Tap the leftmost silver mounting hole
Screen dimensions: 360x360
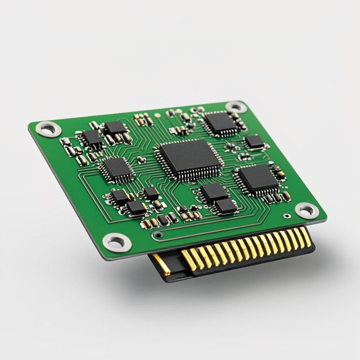click(x=49, y=129)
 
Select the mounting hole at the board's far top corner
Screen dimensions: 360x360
click(x=236, y=107)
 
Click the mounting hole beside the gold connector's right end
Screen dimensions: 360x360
click(x=307, y=210)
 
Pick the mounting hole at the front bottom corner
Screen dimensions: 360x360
click(x=117, y=242)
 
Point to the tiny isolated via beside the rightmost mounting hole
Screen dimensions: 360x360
click(x=287, y=216)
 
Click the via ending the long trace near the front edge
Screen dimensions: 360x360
click(x=159, y=234)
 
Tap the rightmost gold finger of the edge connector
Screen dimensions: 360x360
click(x=306, y=236)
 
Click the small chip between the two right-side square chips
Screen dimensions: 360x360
click(x=254, y=141)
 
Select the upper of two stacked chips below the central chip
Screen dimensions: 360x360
click(x=214, y=192)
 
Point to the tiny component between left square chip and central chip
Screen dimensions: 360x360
click(x=141, y=160)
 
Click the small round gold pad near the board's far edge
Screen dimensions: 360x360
click(x=157, y=115)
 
